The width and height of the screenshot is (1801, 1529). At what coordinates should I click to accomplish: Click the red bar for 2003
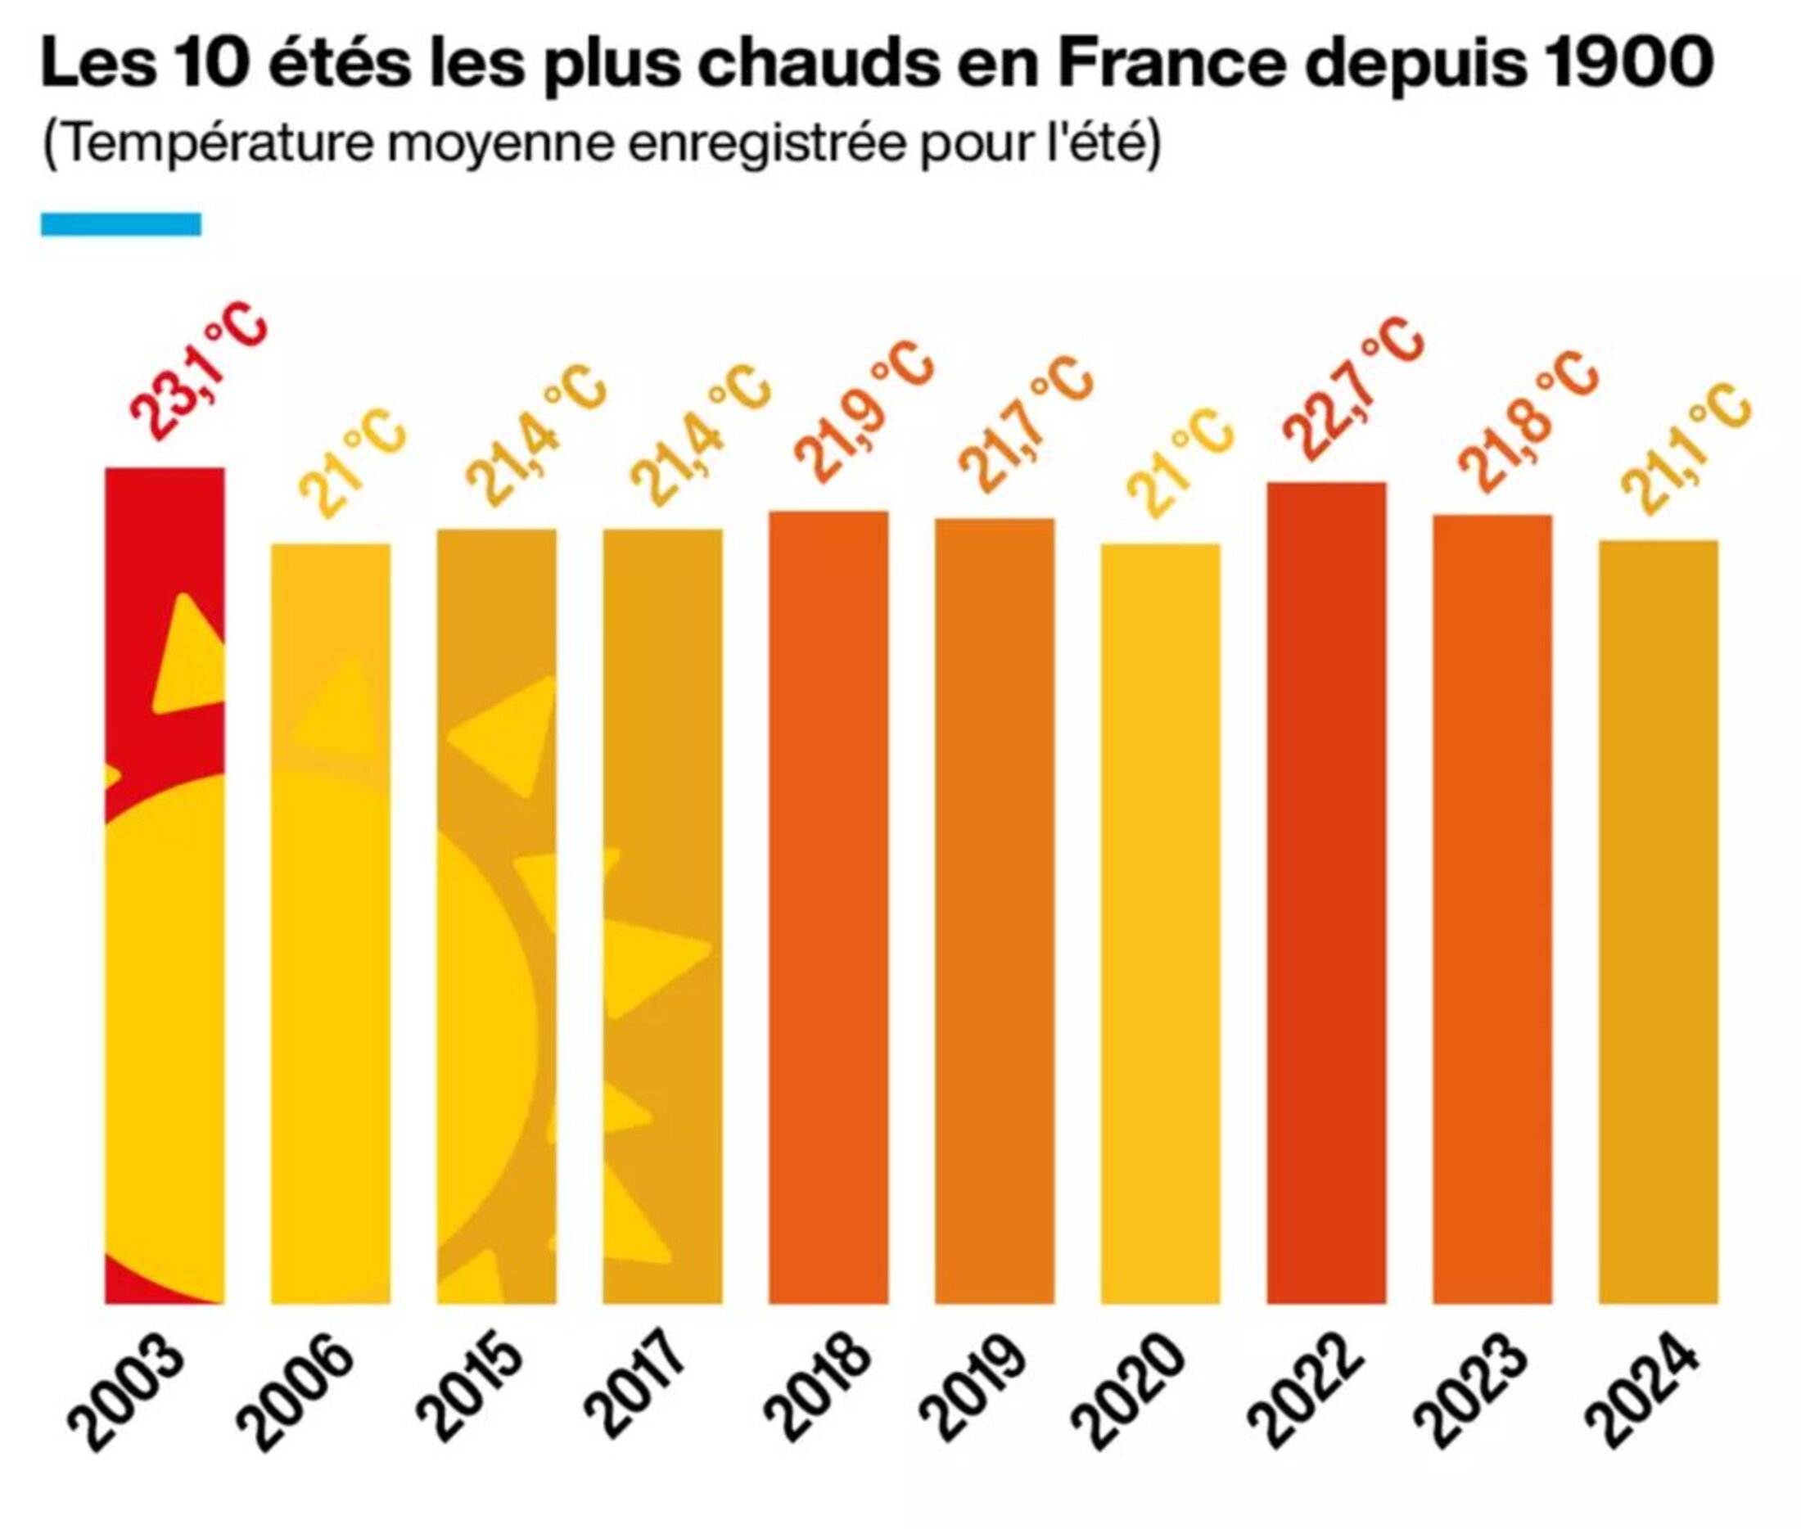pos(165,884)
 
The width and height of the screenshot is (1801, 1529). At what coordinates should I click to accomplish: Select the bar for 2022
pos(1326,893)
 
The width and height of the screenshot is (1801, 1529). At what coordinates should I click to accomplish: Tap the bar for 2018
pos(828,906)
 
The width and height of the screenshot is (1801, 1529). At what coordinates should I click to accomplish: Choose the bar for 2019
pos(994,910)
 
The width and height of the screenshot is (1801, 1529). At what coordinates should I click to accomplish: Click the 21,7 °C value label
pos(1024,425)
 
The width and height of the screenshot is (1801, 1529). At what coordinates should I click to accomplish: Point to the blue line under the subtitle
pos(120,224)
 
